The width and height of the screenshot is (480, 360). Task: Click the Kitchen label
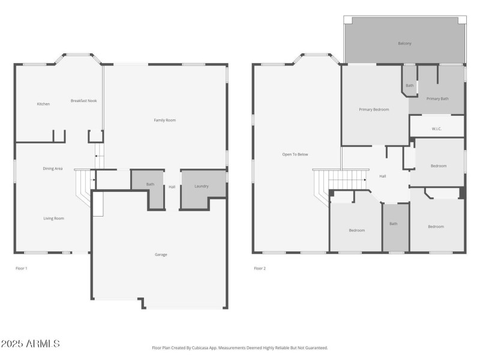43,104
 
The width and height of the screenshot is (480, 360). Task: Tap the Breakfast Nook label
83,101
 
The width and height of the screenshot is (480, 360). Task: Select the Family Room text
164,121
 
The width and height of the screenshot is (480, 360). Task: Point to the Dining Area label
53,169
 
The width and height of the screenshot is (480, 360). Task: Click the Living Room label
53,218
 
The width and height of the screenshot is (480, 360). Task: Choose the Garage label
161,254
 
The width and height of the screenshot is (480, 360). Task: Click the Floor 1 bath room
150,185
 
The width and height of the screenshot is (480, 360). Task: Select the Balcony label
404,43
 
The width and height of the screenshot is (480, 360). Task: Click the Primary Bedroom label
374,110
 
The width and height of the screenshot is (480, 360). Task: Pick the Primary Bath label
437,98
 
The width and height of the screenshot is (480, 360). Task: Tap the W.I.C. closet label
437,128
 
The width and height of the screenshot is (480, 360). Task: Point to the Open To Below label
295,155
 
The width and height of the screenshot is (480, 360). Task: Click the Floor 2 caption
259,268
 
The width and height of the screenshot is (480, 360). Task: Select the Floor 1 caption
21,268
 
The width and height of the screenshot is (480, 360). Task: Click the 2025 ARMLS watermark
30,344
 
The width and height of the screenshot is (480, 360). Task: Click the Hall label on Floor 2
383,176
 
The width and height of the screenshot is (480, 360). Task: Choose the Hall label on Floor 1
172,187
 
